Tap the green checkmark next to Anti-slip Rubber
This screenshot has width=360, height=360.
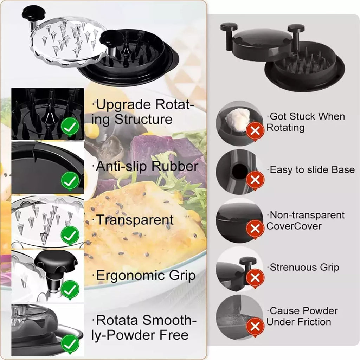click(70, 181)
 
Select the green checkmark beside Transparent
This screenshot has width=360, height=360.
click(70, 235)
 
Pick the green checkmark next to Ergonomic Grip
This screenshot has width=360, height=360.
click(70, 289)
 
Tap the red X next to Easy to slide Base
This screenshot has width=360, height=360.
click(255, 180)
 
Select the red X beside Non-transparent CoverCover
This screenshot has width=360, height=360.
click(255, 229)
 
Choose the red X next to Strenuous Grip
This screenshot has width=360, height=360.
click(255, 278)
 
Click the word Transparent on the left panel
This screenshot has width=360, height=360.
click(135, 220)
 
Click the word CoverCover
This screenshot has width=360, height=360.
click(288, 226)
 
